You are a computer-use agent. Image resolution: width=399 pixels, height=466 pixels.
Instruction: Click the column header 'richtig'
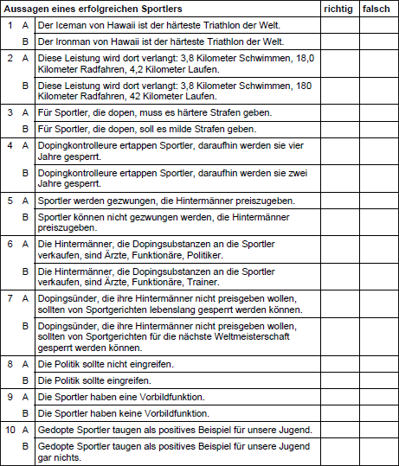[338, 9]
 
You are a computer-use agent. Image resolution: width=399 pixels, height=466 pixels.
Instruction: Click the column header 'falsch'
[376, 9]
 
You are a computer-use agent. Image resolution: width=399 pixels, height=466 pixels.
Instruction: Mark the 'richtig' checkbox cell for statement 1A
[338, 25]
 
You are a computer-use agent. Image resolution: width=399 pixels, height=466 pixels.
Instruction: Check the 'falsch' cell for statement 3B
[376, 128]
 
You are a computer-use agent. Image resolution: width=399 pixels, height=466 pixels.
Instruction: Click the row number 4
[9, 145]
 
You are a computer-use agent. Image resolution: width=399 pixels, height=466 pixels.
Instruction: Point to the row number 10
[9, 430]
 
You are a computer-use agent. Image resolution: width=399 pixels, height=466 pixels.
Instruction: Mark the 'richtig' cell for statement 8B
[338, 380]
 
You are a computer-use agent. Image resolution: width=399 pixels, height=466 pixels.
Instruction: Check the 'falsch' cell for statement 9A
[376, 396]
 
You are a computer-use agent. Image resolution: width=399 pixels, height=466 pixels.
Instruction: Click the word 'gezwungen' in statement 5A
[109, 199]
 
